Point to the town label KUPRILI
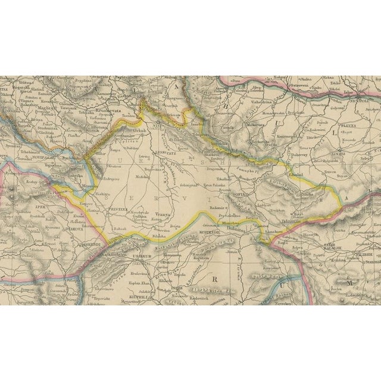[x=136, y=285]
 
